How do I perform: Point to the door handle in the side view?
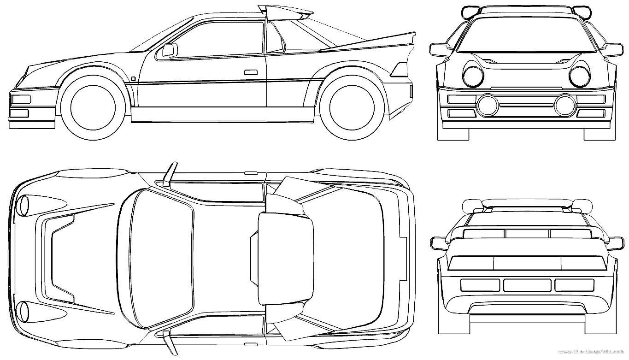coord(251,72)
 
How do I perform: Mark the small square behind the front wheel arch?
coord(133,78)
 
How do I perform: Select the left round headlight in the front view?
coord(472,77)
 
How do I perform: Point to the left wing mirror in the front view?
coord(440,49)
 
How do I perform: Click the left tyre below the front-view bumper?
coord(453,134)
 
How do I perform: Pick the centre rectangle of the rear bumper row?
coord(526,285)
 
